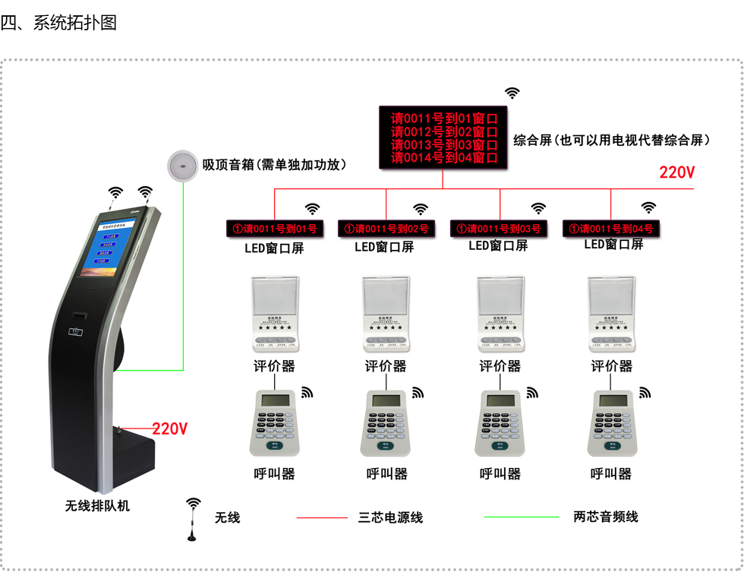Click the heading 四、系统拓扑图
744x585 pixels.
(x=59, y=22)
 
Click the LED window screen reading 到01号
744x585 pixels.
(x=275, y=228)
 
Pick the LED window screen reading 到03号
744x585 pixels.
(x=499, y=228)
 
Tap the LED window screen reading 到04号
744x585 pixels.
(x=611, y=228)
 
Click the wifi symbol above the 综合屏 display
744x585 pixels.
(x=513, y=93)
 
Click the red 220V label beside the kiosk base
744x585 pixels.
(x=170, y=428)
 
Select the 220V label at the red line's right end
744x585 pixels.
(x=676, y=172)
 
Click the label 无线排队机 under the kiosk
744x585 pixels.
(x=97, y=505)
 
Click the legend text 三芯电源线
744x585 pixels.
(x=390, y=517)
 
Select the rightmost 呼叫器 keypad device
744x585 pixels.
(x=612, y=422)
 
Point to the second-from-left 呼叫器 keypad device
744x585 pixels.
(x=387, y=422)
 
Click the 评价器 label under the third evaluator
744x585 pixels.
(x=500, y=366)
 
